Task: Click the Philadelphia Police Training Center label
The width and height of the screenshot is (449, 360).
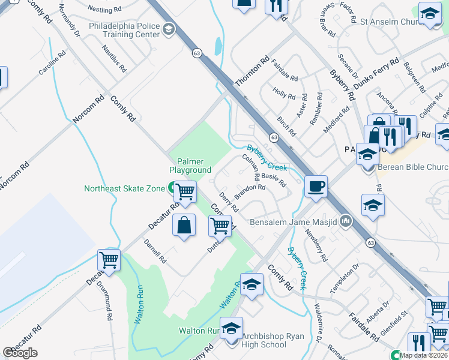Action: [124, 31]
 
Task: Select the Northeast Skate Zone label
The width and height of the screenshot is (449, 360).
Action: [124, 188]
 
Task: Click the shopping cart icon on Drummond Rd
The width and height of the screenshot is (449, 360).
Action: [109, 260]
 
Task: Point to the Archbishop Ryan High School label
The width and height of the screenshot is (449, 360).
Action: [264, 340]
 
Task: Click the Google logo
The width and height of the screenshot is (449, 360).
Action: [20, 353]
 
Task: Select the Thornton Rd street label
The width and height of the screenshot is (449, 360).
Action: [253, 72]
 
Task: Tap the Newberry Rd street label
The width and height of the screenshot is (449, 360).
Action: [316, 245]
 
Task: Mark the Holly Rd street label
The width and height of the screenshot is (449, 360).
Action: [285, 94]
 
